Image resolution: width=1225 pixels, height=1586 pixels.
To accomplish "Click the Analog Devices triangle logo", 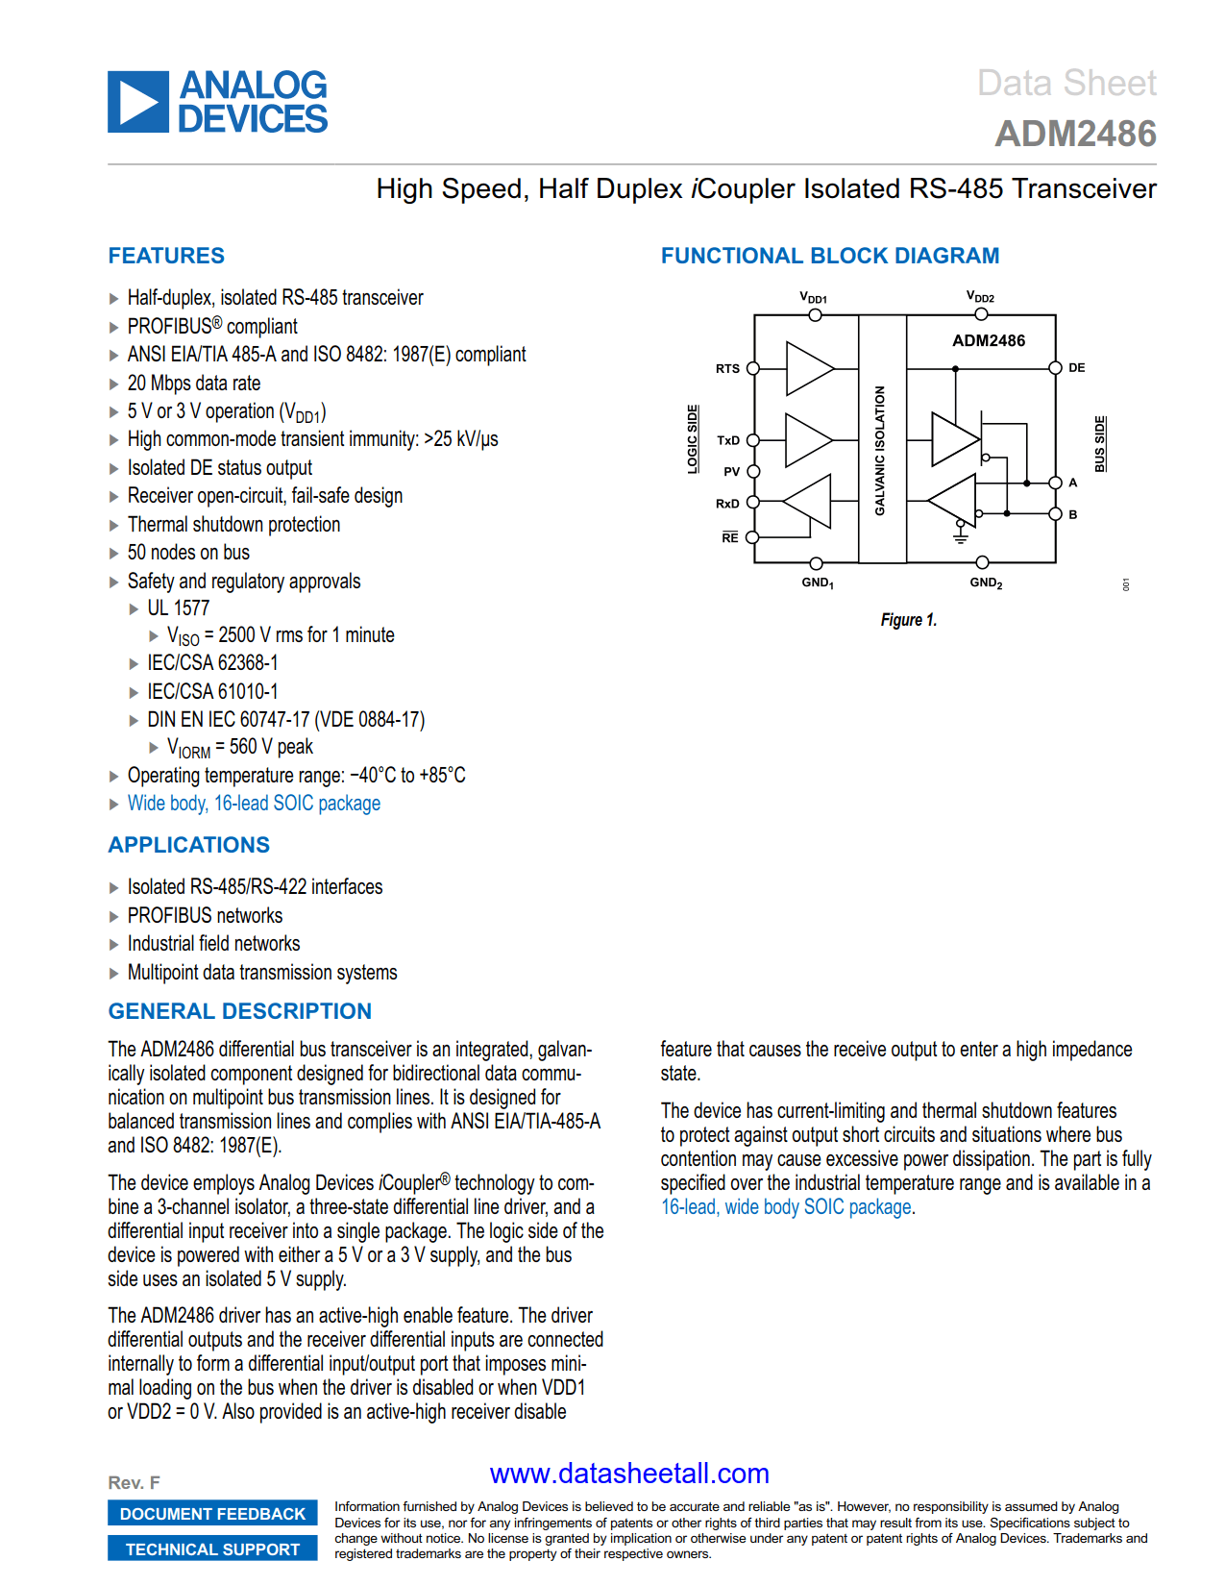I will pyautogui.click(x=138, y=102).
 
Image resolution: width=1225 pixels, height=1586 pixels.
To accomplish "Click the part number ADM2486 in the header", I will pyautogui.click(x=1075, y=135).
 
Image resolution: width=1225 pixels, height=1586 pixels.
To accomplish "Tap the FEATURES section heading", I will pyautogui.click(x=166, y=256).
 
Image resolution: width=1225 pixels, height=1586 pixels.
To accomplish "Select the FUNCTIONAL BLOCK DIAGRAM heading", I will pyautogui.click(x=829, y=256).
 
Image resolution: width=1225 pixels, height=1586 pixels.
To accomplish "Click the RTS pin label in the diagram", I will pyautogui.click(x=727, y=369).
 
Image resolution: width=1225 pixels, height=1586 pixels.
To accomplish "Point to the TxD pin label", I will pyautogui.click(x=728, y=441).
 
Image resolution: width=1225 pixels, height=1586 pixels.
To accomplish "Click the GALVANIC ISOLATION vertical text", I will pyautogui.click(x=879, y=451).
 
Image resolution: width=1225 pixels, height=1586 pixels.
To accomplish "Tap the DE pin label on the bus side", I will pyautogui.click(x=1076, y=368).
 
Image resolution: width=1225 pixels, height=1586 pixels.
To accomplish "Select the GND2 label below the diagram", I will pyautogui.click(x=986, y=582).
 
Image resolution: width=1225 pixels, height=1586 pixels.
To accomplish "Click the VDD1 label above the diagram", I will pyautogui.click(x=813, y=298).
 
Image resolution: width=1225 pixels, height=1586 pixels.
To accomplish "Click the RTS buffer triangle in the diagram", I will pyautogui.click(x=806, y=369).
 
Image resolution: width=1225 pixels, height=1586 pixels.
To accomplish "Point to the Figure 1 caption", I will pyautogui.click(x=908, y=620).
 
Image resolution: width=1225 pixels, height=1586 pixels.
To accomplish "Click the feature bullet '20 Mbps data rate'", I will pyautogui.click(x=193, y=384).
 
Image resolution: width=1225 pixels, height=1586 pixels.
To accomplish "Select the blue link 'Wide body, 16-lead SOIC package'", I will pyautogui.click(x=254, y=804).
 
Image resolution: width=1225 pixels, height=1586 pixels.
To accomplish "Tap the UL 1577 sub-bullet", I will pyautogui.click(x=178, y=608).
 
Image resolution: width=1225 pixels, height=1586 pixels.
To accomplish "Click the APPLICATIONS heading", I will pyautogui.click(x=189, y=845).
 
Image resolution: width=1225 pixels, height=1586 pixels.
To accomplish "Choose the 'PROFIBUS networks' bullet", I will pyautogui.click(x=205, y=916).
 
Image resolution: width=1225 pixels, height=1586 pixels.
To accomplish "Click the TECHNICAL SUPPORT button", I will pyautogui.click(x=212, y=1549).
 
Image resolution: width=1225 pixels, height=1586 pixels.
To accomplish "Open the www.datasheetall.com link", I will pyautogui.click(x=629, y=1474).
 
